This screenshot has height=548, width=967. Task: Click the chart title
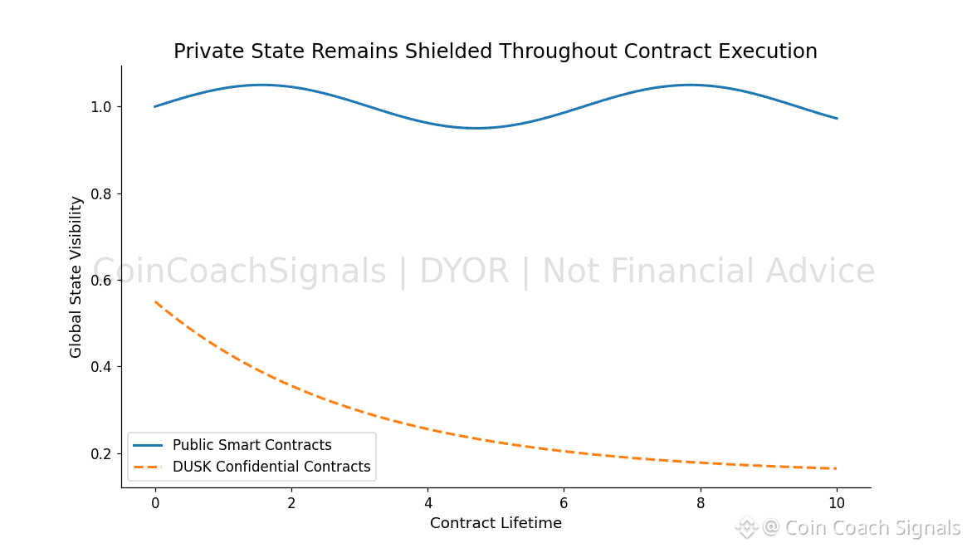495,51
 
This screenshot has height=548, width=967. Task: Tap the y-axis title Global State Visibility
76,276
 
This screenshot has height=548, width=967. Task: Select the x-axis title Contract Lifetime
496,523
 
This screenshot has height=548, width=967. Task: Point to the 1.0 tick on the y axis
101,107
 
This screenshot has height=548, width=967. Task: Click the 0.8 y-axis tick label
101,193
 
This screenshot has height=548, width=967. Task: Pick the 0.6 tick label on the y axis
101,281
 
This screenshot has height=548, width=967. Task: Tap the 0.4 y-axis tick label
101,367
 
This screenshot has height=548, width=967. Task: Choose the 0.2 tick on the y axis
101,454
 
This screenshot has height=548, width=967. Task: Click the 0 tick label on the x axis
155,503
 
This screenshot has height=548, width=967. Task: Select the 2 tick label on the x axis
291,503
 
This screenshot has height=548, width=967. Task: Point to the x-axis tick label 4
427,503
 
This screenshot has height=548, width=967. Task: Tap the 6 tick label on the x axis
564,503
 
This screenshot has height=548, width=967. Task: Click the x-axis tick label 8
701,503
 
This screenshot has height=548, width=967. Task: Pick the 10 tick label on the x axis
837,503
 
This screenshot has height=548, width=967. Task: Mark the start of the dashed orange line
156,302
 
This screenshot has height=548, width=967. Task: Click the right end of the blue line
837,118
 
